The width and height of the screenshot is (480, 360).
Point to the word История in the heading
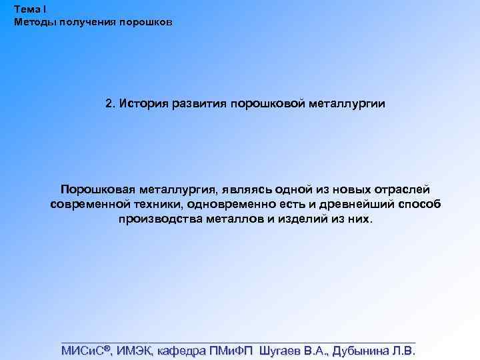click(x=144, y=104)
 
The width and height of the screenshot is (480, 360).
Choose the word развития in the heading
click(x=199, y=104)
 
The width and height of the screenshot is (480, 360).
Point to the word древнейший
click(x=357, y=205)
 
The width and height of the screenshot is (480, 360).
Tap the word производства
click(x=158, y=219)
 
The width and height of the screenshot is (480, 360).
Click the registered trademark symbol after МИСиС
click(x=107, y=348)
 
